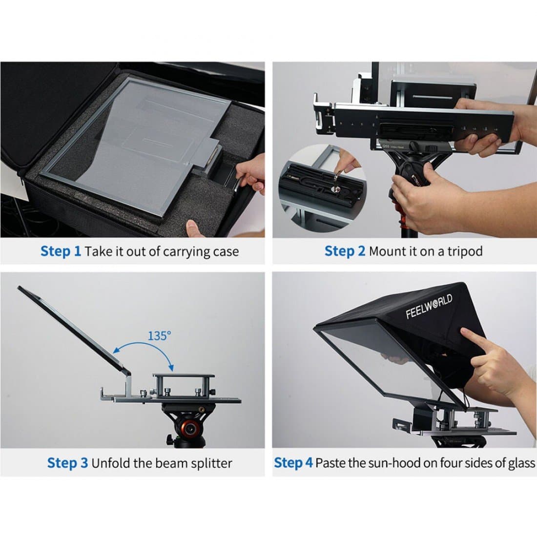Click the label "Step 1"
(61, 251)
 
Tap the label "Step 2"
(345, 251)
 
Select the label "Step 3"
(67, 463)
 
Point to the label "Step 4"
(293, 463)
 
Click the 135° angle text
(160, 336)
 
